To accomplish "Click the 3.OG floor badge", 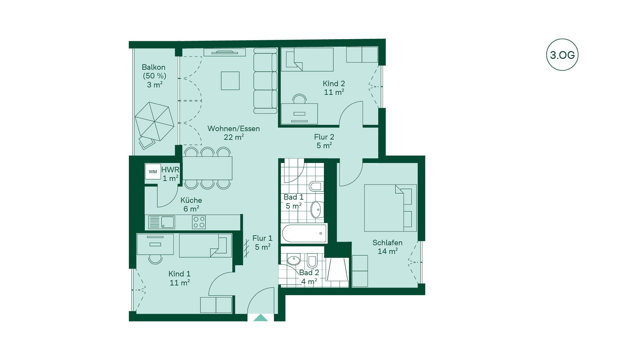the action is (x=562, y=55).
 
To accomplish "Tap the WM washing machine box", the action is (x=153, y=172).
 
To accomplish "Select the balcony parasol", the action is (x=155, y=122).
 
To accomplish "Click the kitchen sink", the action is (x=162, y=222).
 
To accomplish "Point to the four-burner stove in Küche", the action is (x=199, y=222).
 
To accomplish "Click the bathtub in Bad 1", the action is (x=304, y=233).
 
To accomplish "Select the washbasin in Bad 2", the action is (x=293, y=260).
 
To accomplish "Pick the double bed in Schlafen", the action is (x=390, y=208).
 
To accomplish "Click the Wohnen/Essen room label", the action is (x=234, y=133).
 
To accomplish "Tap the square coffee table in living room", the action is (x=230, y=81).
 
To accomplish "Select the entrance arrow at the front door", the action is (x=260, y=318).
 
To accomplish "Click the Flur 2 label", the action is (x=324, y=141).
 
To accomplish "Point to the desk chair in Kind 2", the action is (x=299, y=99).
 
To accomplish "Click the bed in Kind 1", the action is (x=205, y=246).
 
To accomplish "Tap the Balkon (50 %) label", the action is (x=154, y=71).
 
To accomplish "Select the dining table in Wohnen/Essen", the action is (x=207, y=168).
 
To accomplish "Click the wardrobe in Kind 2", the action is (x=362, y=54).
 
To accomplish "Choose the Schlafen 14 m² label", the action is (x=388, y=247).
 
